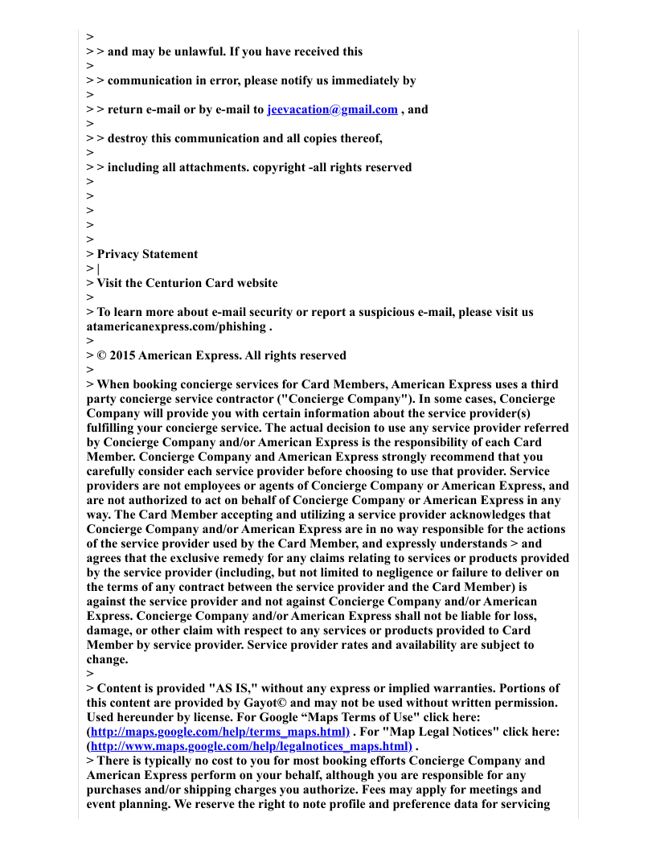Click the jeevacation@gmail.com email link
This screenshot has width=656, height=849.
pyautogui.click(x=332, y=109)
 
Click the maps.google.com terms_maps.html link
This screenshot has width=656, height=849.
pyautogui.click(x=219, y=732)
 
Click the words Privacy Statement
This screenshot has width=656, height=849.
pyautogui.click(x=147, y=254)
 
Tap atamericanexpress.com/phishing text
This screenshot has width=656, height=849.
pyautogui.click(x=176, y=326)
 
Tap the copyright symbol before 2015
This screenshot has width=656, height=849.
pyautogui.click(x=101, y=355)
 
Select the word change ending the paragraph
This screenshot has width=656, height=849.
pyautogui.click(x=106, y=659)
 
